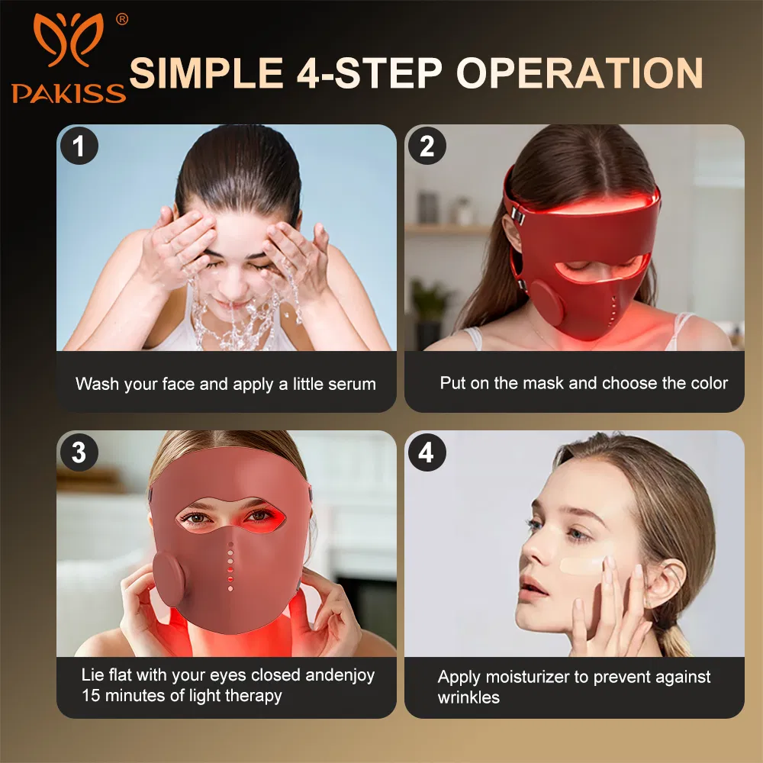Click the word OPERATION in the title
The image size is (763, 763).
pos(579,74)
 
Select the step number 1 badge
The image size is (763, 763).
pos(79,146)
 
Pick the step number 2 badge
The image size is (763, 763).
pos(427,146)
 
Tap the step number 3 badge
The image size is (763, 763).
pos(79,452)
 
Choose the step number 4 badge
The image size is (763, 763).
pos(427,452)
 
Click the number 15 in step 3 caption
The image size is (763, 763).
pos(92,695)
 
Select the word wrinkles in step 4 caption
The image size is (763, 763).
pos(468,697)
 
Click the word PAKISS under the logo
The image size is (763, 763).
pos(68,93)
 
